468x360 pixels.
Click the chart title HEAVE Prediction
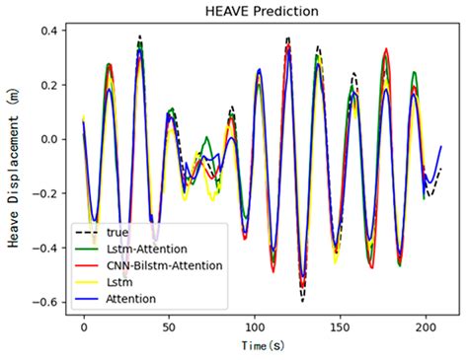coord(262,11)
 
